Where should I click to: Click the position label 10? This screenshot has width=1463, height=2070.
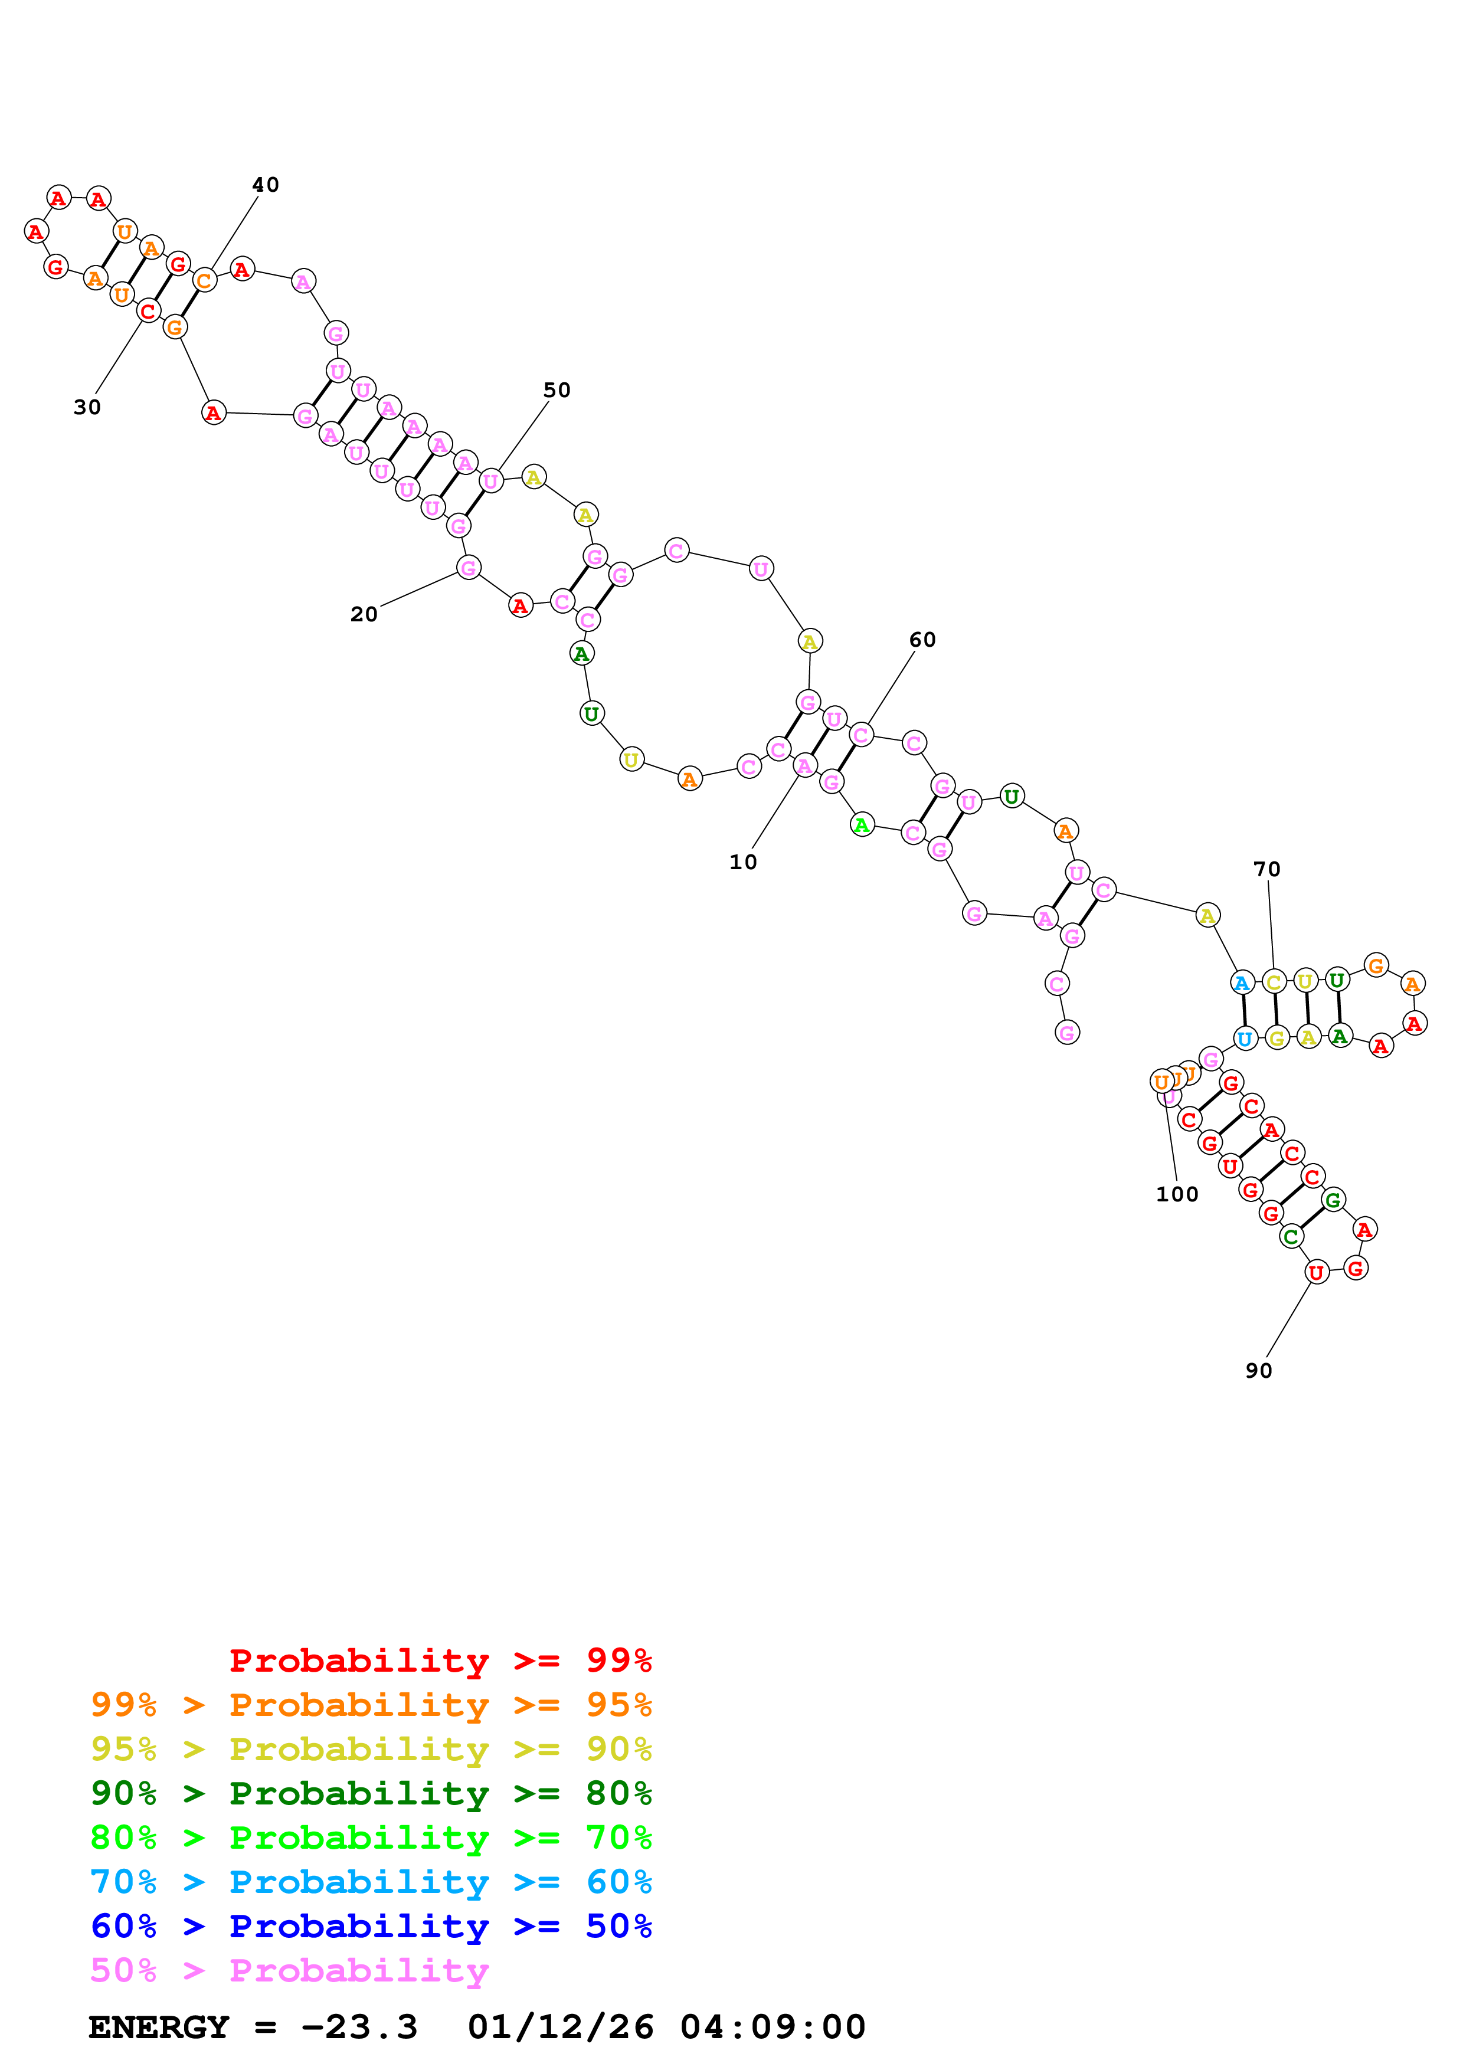click(x=743, y=862)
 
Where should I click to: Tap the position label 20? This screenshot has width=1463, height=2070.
click(x=364, y=614)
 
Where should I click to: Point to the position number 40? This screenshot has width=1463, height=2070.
click(x=265, y=185)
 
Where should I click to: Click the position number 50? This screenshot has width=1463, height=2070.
click(x=556, y=391)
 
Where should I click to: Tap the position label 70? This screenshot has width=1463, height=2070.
click(x=1266, y=869)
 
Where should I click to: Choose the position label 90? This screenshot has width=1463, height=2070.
click(x=1258, y=1370)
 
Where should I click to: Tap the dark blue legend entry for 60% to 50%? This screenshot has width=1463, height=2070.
click(x=371, y=1927)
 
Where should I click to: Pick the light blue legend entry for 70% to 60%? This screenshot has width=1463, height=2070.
click(x=371, y=1882)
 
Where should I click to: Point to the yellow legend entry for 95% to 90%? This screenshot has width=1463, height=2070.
click(x=371, y=1749)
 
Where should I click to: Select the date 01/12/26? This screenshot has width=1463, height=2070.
click(x=561, y=2027)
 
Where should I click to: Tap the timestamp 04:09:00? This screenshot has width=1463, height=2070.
click(x=773, y=2027)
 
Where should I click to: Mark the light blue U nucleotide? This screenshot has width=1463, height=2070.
click(x=1245, y=1039)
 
